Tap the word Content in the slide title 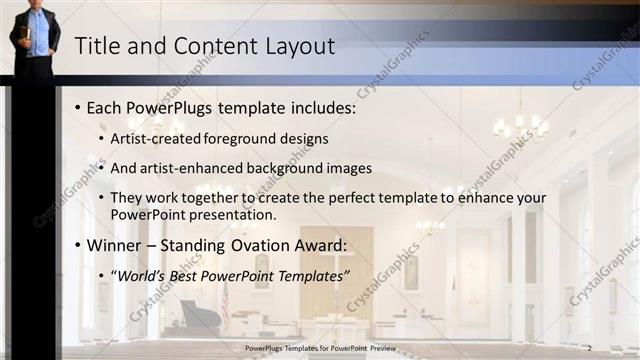click(x=209, y=46)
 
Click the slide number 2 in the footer click(x=590, y=347)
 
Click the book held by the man click(x=26, y=38)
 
